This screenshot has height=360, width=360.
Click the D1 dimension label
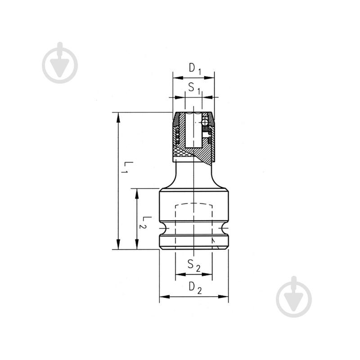pos(195,69)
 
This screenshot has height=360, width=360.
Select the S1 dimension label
pos(194,88)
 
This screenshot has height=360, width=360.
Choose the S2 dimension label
pos(194,265)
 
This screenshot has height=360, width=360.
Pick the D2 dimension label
pos(195,288)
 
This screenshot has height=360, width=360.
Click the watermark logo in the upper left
pos(60,63)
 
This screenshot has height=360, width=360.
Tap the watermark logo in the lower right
pos(294,297)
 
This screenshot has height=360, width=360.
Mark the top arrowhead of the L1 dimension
pos(118,117)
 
